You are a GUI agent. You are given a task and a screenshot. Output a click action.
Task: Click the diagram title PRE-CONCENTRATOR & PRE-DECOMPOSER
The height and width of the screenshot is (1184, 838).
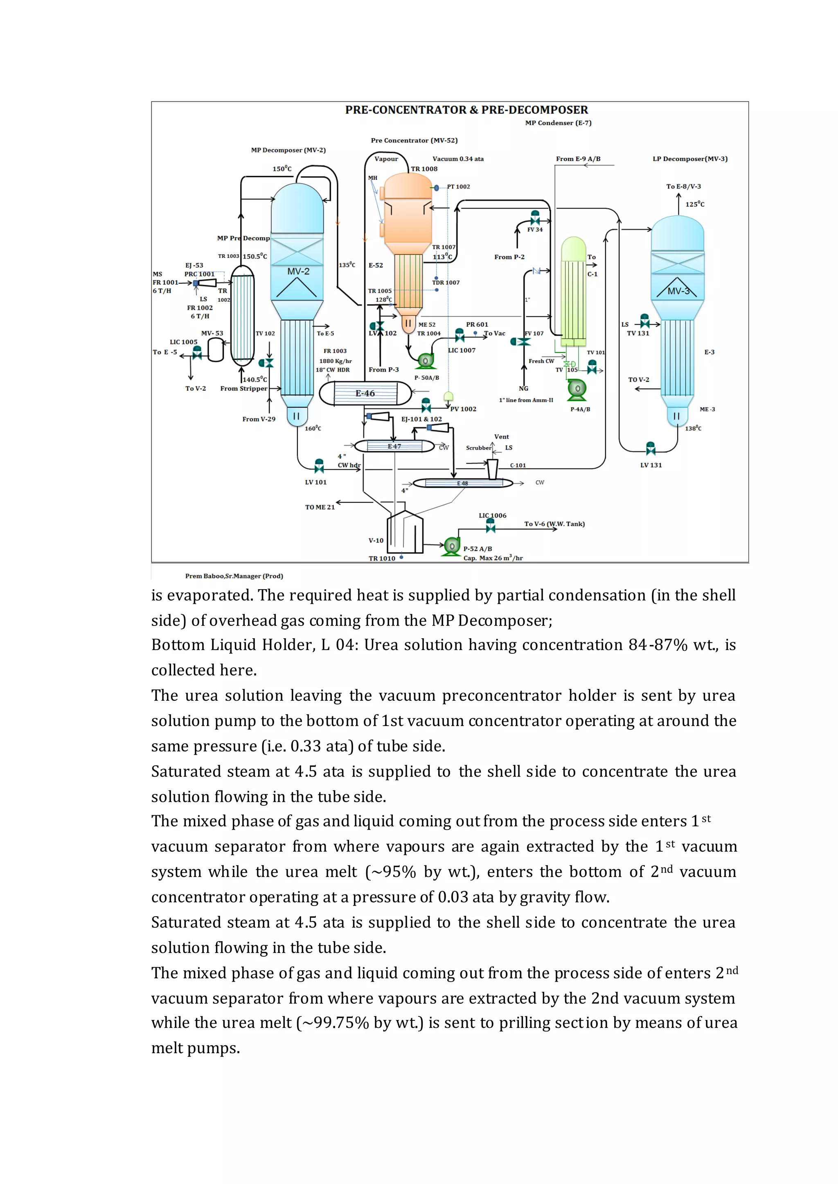click(466, 110)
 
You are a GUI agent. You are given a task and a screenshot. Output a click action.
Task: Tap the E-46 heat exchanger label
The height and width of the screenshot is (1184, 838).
click(365, 393)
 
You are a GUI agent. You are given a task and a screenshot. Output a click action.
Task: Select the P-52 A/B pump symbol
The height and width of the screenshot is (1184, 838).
click(451, 545)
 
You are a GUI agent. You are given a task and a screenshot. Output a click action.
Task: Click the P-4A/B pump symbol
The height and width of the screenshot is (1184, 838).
click(577, 389)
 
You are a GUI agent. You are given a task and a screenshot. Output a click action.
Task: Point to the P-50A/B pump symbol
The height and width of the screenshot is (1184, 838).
click(426, 361)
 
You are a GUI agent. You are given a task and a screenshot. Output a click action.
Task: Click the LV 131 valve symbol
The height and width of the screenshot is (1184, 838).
click(651, 448)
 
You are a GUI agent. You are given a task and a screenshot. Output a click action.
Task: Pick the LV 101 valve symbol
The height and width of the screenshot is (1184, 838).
click(319, 466)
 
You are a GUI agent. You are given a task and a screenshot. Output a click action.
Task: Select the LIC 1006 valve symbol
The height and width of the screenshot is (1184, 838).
click(490, 525)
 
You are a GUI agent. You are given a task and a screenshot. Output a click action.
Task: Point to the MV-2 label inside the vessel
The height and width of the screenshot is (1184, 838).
click(298, 271)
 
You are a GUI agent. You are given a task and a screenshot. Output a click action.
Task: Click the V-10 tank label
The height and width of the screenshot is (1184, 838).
click(376, 540)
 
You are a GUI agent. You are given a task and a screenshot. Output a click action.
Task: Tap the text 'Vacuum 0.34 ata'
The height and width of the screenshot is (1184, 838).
click(458, 159)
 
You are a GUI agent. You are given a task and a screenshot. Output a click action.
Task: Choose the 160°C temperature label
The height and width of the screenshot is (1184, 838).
click(313, 428)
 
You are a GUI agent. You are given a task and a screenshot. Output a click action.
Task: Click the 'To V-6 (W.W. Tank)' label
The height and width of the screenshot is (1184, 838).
click(554, 524)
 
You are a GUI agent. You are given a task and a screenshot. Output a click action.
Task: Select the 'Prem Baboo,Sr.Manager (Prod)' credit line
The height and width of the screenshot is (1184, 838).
click(234, 576)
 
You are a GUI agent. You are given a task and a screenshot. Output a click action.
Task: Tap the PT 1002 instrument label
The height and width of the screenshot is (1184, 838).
click(458, 187)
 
